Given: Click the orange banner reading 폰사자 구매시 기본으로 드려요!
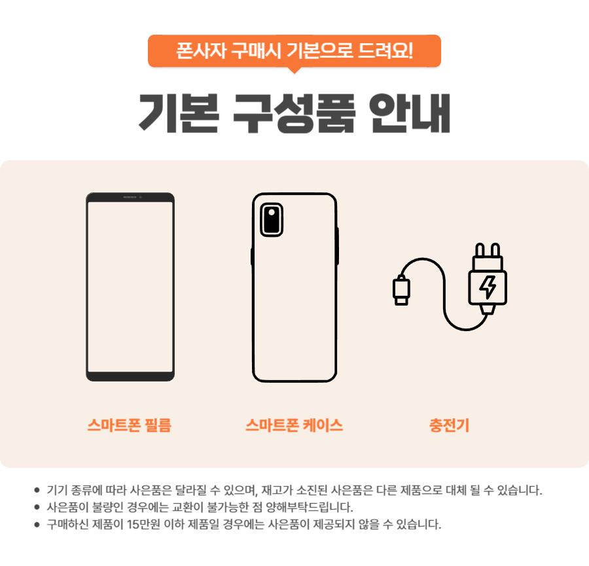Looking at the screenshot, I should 294,50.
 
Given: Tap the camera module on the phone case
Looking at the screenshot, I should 270,219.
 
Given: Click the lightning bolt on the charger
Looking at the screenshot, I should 488,287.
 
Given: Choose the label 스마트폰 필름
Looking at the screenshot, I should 130,425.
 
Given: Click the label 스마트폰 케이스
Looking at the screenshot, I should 294,425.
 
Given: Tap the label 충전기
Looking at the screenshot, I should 449,425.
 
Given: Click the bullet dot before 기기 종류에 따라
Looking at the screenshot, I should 37,489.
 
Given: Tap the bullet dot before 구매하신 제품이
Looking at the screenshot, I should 37,524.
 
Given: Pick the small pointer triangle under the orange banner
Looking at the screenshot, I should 294,69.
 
